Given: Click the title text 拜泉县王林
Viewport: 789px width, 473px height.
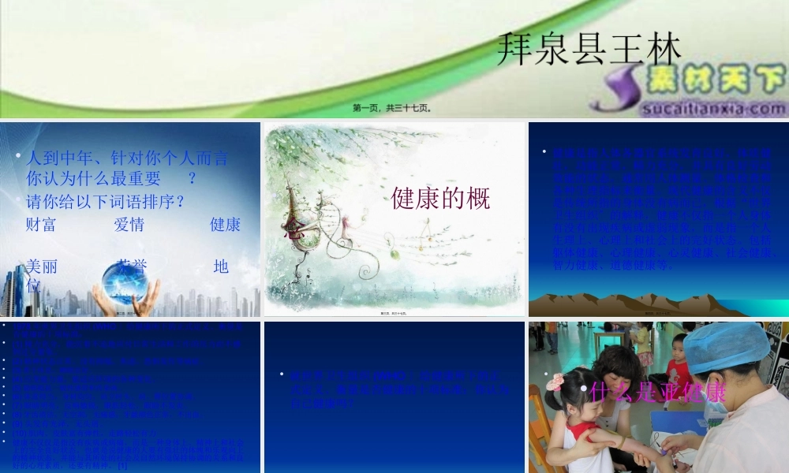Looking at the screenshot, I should click(x=589, y=48).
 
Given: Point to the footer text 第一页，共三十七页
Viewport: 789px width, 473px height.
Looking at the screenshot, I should click(x=392, y=108).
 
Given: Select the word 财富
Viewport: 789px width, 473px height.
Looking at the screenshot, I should click(x=41, y=225).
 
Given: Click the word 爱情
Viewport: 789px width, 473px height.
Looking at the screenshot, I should click(x=129, y=225).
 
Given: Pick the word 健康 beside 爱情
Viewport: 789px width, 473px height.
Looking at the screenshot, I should click(x=225, y=225).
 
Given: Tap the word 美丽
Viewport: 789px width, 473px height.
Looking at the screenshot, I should click(x=41, y=266).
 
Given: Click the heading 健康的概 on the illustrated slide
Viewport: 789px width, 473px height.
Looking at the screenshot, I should click(x=440, y=199).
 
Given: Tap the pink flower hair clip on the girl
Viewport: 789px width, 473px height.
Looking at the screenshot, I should click(x=555, y=382).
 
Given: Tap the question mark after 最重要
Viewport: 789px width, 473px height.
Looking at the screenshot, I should click(x=192, y=179).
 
